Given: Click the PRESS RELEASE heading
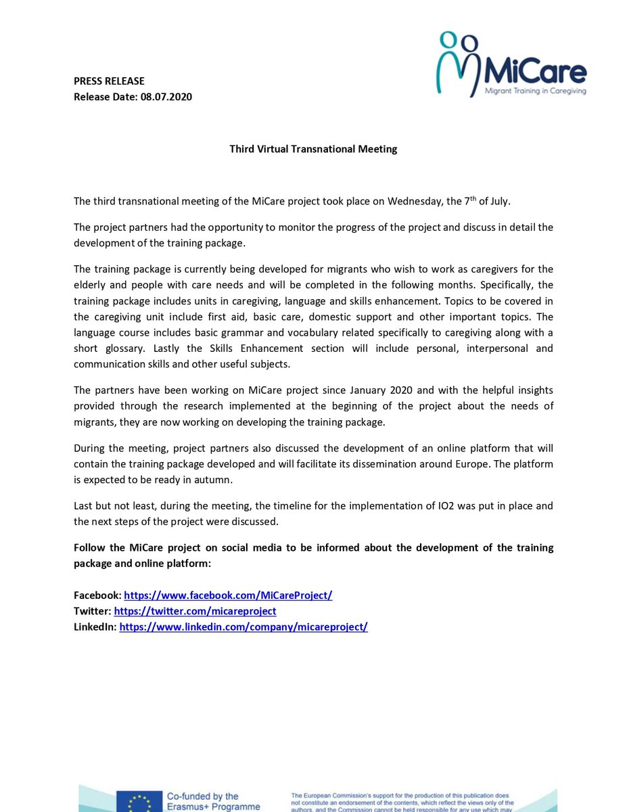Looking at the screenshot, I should (x=109, y=81).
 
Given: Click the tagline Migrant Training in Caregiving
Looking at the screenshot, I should (x=536, y=90).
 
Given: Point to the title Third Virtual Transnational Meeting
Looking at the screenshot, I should (x=313, y=149).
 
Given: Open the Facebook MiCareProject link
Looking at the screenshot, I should (x=228, y=595).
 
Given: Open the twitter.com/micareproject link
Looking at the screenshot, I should (x=195, y=611).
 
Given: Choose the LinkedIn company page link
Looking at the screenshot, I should (x=243, y=627).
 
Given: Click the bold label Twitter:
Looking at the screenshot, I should (x=93, y=611).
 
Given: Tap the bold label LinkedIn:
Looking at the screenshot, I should (x=95, y=627).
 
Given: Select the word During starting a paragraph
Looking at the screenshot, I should (x=91, y=449).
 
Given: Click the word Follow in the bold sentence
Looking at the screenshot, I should (x=89, y=547).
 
